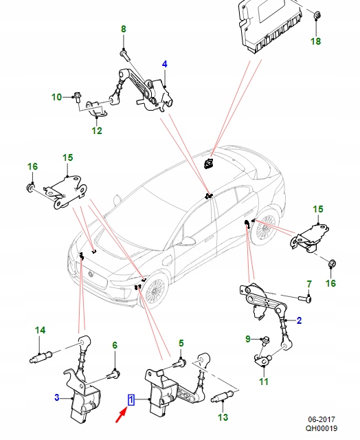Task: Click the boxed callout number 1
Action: click(131, 398)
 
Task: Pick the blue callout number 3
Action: click(57, 397)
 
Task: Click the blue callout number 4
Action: click(164, 65)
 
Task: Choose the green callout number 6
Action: click(115, 346)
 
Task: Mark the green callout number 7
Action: click(308, 284)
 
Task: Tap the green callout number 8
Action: click(124, 30)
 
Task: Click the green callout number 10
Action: click(57, 97)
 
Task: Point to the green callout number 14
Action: click(40, 331)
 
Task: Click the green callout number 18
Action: click(315, 42)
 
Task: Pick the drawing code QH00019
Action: click(321, 428)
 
